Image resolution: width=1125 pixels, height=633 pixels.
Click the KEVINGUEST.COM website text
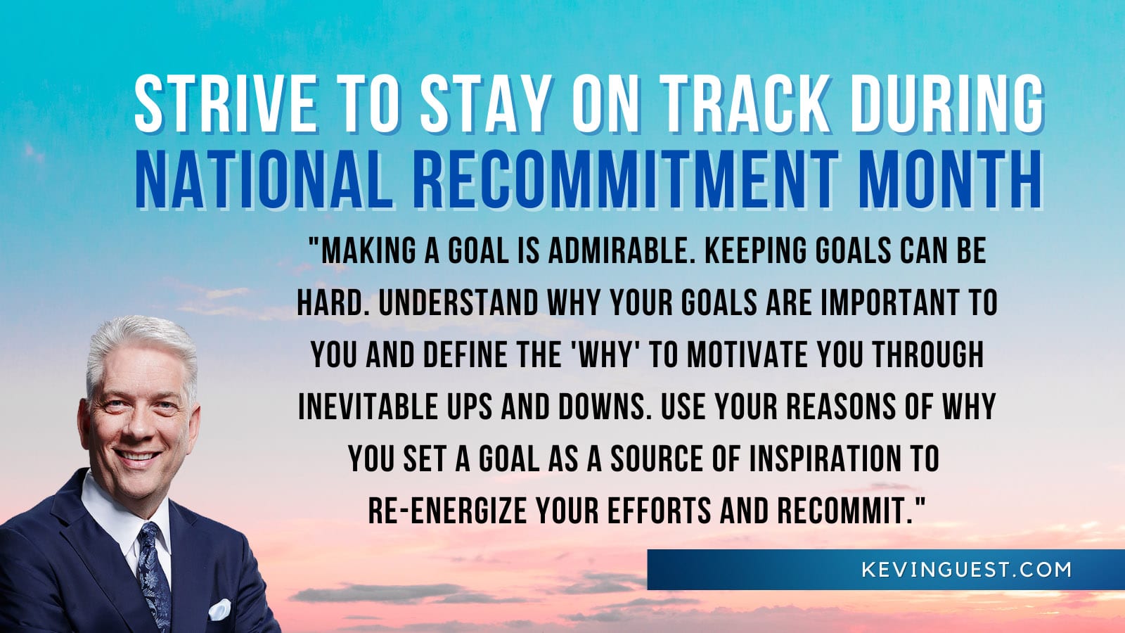pos(966,570)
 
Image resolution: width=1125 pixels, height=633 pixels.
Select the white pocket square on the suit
pos(219,608)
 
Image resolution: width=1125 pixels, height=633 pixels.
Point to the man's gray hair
pos(141,345)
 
